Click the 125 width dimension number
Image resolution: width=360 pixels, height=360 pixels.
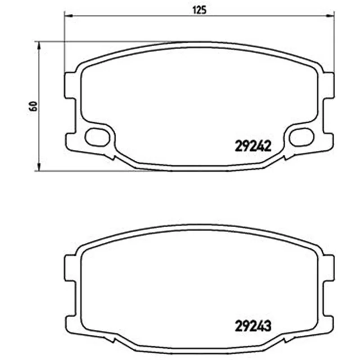(x=199, y=10)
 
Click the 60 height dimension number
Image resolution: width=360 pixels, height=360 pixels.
(x=33, y=106)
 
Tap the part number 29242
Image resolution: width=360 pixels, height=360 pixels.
(x=253, y=146)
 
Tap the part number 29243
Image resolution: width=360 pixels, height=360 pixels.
(x=253, y=325)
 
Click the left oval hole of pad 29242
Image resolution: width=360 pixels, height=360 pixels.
(x=97, y=137)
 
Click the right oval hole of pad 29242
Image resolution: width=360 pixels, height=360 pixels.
(x=301, y=137)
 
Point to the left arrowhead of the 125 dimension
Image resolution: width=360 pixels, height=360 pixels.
(x=68, y=16)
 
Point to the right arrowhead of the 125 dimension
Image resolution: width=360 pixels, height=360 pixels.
(x=330, y=16)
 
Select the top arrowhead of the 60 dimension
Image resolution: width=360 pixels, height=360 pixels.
(x=39, y=45)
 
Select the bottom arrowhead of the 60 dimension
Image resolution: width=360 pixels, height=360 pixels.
(x=39, y=167)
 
